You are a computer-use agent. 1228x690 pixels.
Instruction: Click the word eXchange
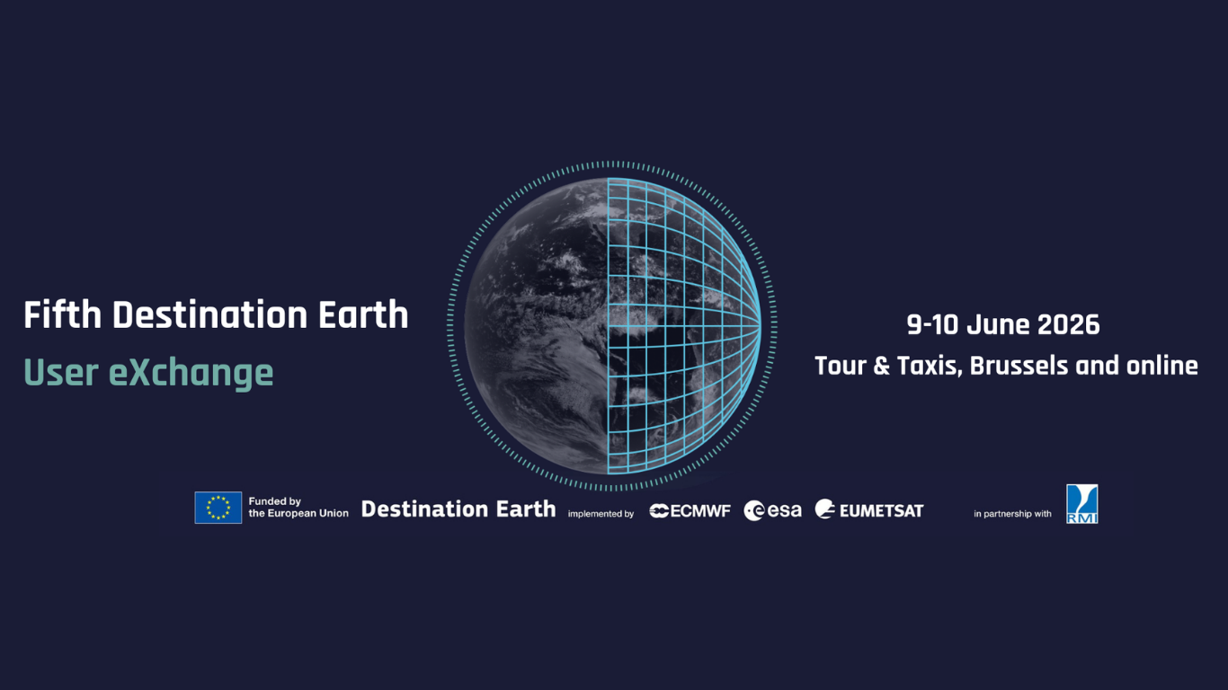pyautogui.click(x=191, y=373)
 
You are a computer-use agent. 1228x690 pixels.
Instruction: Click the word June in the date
pyautogui.click(x=998, y=324)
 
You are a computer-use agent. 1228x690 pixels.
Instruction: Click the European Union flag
pyautogui.click(x=218, y=508)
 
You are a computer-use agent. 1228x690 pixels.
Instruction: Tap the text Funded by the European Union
pyautogui.click(x=298, y=508)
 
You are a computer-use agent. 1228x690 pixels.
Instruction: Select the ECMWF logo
pyautogui.click(x=690, y=510)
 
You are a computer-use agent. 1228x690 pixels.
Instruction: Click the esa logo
pyautogui.click(x=772, y=510)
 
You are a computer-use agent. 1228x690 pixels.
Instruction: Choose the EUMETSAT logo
pyautogui.click(x=869, y=510)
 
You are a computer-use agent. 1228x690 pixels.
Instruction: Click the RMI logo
pyautogui.click(x=1081, y=504)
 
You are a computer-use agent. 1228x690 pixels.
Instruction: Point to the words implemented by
pyautogui.click(x=601, y=514)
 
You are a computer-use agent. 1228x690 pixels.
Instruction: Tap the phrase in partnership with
pyautogui.click(x=1012, y=514)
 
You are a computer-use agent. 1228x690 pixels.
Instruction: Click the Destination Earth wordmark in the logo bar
pyautogui.click(x=458, y=509)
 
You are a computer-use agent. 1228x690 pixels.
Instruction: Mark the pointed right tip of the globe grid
pyautogui.click(x=760, y=325)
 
